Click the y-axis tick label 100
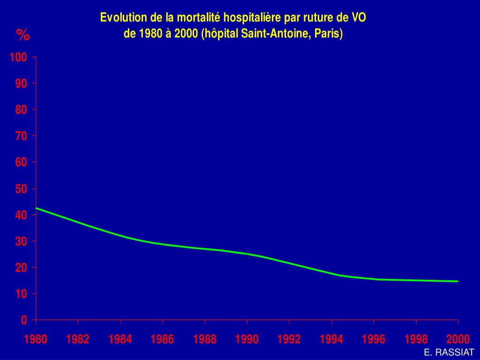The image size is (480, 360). coord(19,57)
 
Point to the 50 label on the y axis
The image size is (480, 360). coord(22,189)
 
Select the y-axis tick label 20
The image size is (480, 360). coord(22,268)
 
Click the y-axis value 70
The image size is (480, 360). coord(22,136)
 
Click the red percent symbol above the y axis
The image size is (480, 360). coord(22,35)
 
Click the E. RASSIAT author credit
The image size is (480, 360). coord(449,352)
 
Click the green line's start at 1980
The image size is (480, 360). coord(36,208)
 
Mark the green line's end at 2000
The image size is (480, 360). coord(457,281)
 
